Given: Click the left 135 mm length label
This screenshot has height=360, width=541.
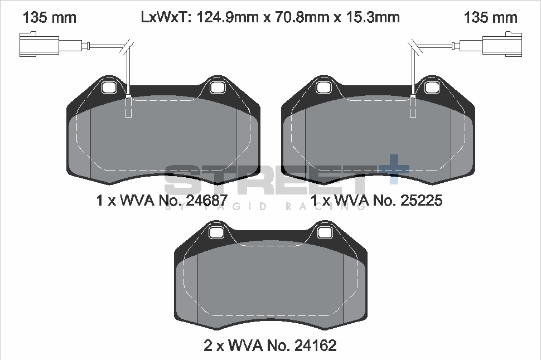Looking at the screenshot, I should (49, 17).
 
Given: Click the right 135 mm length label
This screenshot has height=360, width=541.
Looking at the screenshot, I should (491, 17).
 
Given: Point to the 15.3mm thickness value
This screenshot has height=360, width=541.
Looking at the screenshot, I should (373, 17).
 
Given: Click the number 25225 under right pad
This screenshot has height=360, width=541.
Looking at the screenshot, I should (418, 201).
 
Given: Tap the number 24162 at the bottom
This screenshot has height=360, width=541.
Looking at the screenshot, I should (312, 346).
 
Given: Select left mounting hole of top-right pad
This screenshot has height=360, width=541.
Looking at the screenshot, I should (324, 87).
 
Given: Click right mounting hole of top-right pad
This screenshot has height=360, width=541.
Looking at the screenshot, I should (431, 87).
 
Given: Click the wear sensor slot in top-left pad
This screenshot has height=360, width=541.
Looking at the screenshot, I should (129, 107).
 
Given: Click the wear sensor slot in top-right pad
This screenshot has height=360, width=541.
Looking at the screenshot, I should (413, 107).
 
